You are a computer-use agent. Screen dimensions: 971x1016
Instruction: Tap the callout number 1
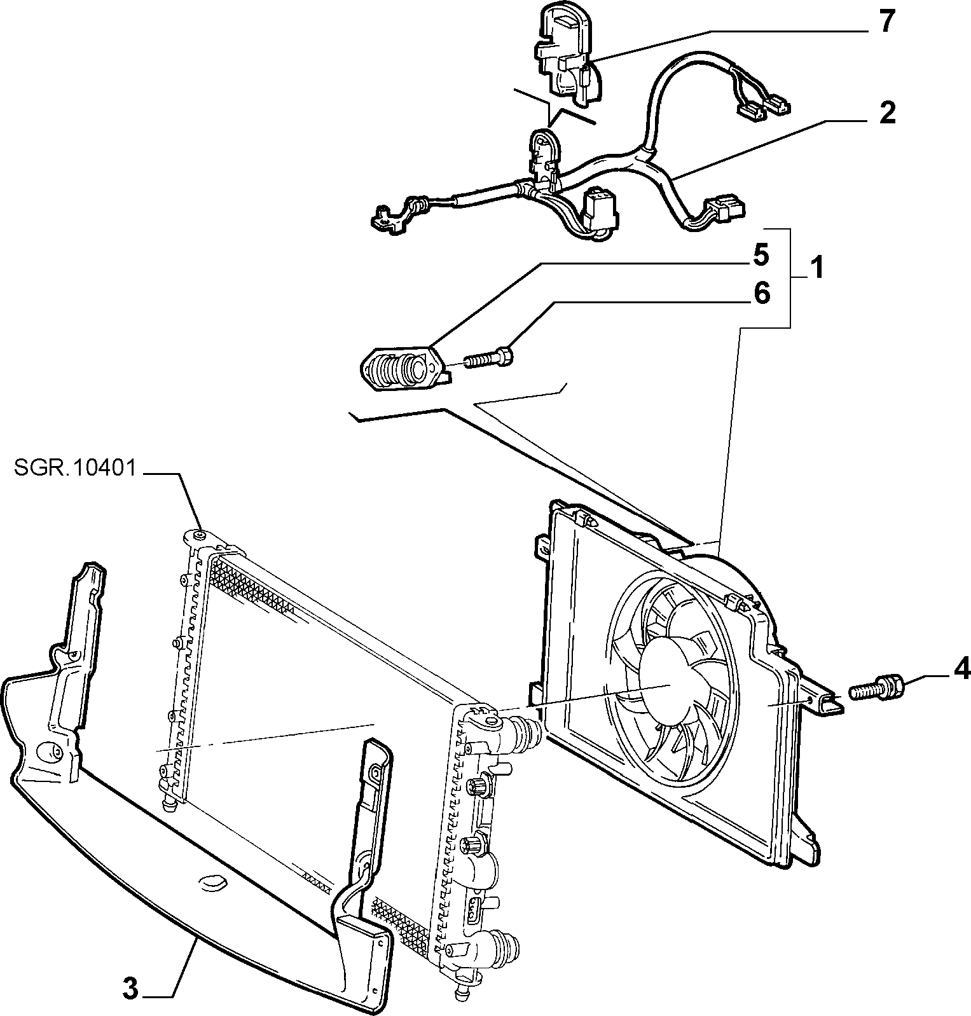(x=816, y=268)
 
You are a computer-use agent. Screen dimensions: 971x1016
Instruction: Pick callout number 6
(x=761, y=293)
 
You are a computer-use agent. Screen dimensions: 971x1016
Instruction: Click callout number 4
(x=960, y=668)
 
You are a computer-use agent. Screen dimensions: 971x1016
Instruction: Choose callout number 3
(x=130, y=988)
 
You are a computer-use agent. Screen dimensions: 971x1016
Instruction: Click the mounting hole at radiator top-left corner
(x=199, y=536)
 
